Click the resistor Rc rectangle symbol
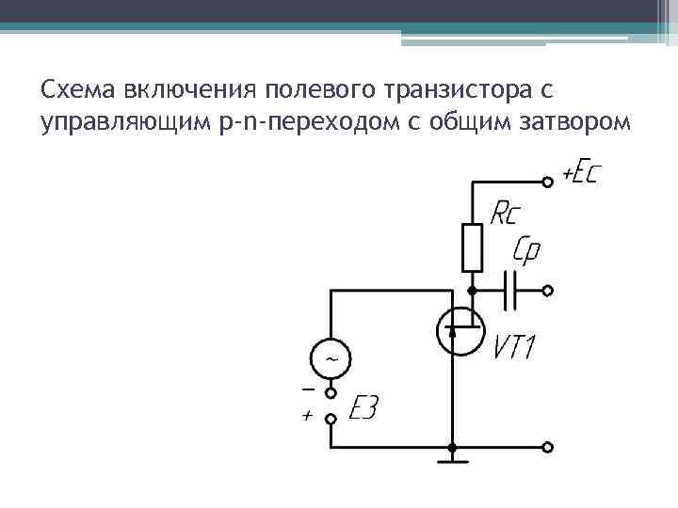click(472, 246)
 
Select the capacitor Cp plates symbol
click(511, 291)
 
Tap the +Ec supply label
click(582, 174)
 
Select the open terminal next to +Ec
click(547, 181)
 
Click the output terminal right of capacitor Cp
click(547, 291)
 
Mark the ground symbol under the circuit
click(453, 461)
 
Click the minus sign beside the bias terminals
click(307, 389)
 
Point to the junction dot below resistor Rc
click(472, 291)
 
